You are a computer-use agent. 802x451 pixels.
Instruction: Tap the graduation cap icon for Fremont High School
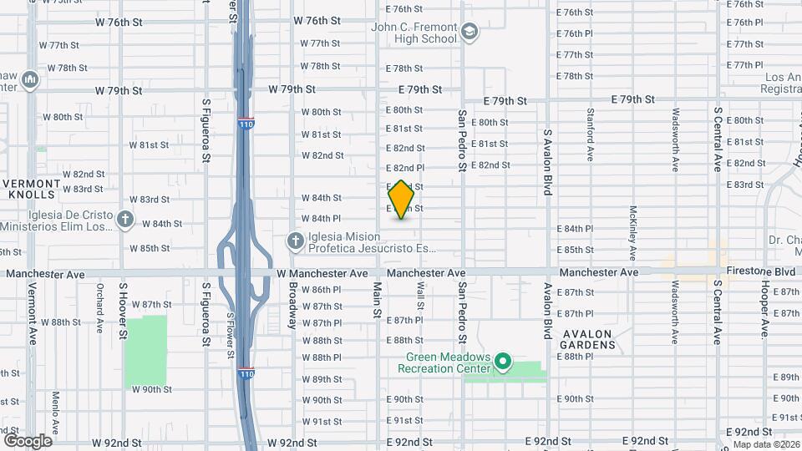point(470,33)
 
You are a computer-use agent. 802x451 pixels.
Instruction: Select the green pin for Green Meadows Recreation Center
point(502,362)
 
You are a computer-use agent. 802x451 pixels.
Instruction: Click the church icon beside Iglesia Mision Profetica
point(295,242)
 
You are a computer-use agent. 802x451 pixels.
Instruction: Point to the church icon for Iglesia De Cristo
point(125,220)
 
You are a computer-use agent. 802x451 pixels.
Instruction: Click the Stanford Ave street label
point(591,134)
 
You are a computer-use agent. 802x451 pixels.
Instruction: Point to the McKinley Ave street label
point(633,232)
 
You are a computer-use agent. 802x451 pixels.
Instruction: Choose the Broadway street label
point(293,306)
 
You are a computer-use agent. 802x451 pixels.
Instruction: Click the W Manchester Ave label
point(322,273)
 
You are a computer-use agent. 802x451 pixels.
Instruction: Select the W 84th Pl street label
point(322,218)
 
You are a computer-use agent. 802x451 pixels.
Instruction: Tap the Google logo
point(28,441)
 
